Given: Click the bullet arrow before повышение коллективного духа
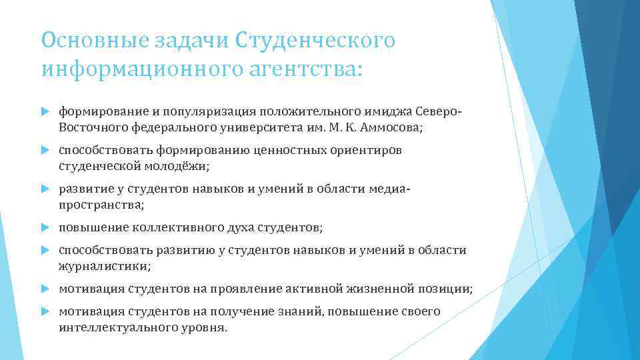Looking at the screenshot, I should pyautogui.click(x=46, y=228).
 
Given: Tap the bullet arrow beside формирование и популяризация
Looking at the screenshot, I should pyautogui.click(x=46, y=110).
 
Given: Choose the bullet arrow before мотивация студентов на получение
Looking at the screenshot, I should pyautogui.click(x=46, y=312).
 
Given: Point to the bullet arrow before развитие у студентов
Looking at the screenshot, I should pyautogui.click(x=46, y=189).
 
